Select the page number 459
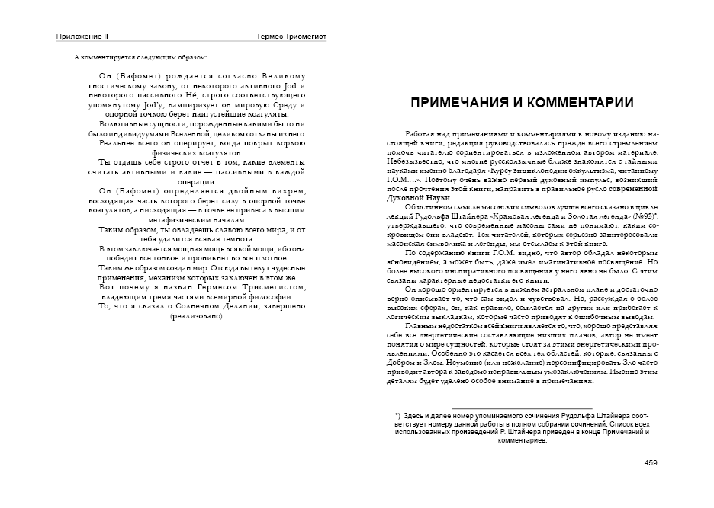coord(651,462)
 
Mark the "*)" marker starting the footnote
coord(398,415)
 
